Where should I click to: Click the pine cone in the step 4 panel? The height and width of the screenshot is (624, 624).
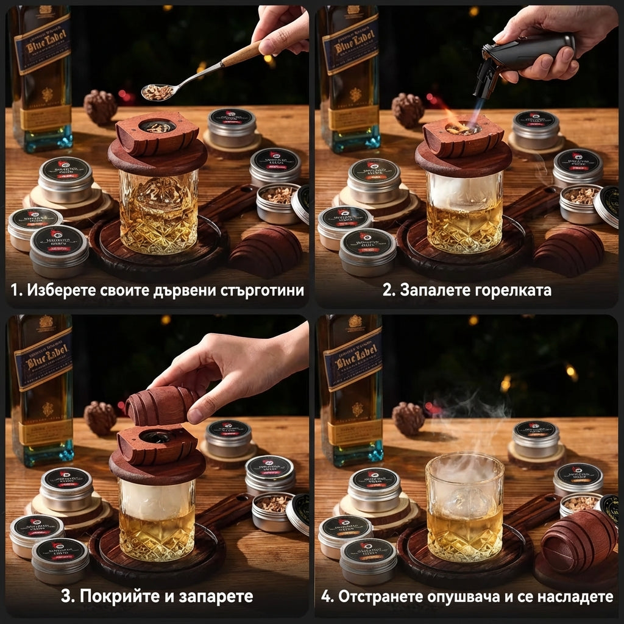click(408, 418)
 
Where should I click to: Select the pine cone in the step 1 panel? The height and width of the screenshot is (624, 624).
click(100, 107)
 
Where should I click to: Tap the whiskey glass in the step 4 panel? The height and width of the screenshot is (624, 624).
click(464, 506)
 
